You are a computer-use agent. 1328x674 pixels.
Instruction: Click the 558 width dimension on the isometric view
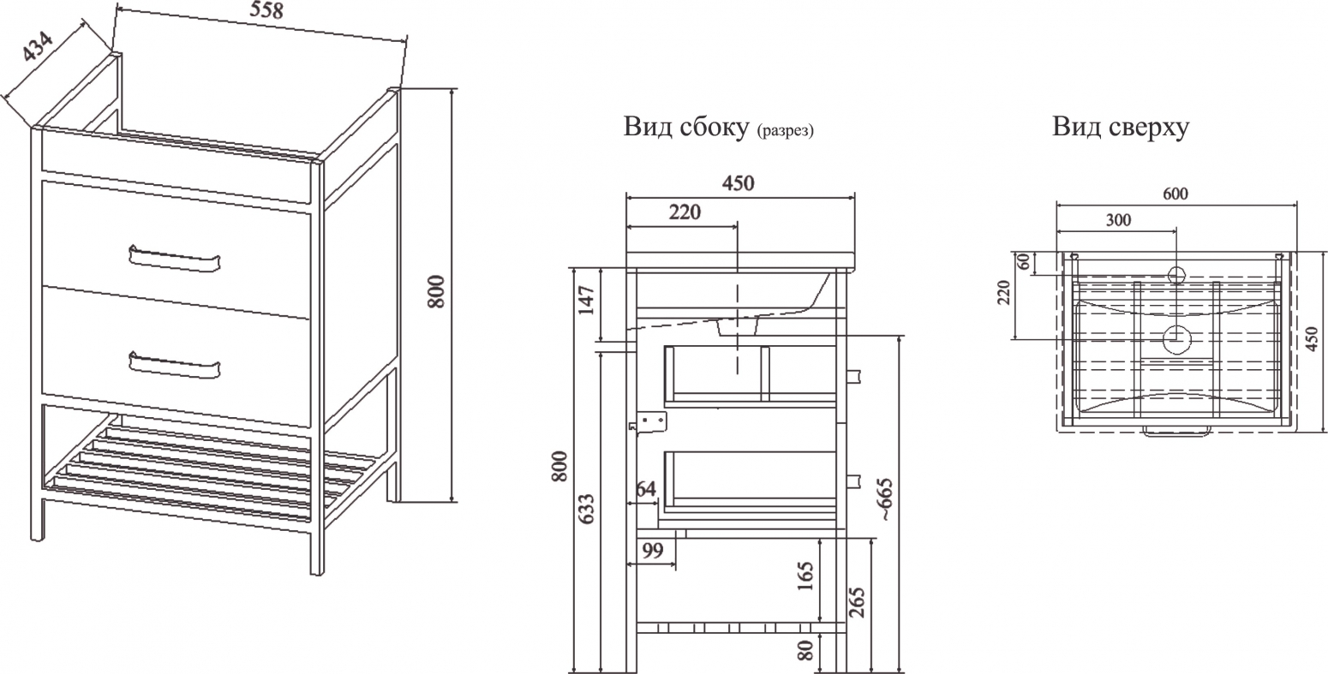pos(266,10)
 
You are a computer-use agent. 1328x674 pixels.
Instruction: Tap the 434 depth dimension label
pos(38,45)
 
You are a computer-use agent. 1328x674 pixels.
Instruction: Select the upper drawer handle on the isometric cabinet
pos(174,259)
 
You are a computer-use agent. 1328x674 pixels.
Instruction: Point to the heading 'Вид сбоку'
pos(686,127)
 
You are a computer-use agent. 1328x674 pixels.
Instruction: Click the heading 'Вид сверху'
pos(1121,127)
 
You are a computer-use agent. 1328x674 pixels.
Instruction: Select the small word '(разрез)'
pos(785,131)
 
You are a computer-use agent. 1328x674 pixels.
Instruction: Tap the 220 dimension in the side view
pos(685,212)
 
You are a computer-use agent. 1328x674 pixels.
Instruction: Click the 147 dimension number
pos(586,300)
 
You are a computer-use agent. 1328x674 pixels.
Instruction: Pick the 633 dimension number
pos(586,509)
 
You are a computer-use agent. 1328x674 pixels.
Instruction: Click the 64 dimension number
pos(646,488)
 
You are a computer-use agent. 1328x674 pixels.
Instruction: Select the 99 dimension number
pos(653,551)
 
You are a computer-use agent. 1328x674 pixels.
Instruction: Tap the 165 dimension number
pos(805,576)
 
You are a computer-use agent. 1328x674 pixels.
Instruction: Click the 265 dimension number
pos(858,602)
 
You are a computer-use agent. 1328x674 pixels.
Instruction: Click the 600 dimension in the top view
pos(1175,194)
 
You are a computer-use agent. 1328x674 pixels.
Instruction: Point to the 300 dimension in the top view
pos(1118,220)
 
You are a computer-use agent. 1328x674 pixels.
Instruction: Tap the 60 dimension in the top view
pos(1024,261)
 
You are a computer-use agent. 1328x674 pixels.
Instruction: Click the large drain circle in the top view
pos(1176,339)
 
